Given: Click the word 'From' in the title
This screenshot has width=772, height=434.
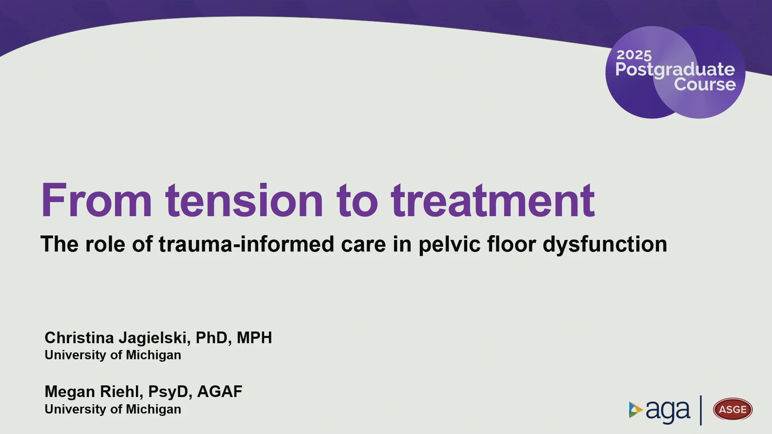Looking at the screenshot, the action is coord(96,200).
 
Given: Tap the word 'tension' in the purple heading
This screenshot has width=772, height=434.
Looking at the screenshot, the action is coord(244,200).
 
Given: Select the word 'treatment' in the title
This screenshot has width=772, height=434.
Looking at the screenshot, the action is coord(493,200).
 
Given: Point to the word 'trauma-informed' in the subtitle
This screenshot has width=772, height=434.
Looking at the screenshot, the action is coord(246,244).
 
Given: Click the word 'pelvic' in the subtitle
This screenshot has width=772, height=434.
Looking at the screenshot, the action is coord(450,244).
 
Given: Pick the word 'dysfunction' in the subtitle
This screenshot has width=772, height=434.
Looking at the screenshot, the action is coord(605,244).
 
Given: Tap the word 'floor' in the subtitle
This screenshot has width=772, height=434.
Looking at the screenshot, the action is coord(511,244).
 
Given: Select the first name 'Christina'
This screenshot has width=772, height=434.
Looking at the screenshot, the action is coord(79,338).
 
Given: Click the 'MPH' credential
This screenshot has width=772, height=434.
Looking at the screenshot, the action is coord(254,338).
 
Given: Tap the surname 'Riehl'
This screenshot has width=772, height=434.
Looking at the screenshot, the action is coord(121,392).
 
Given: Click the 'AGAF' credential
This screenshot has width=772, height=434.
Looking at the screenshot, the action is coord(220,392).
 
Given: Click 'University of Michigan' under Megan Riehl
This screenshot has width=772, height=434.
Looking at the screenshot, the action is coord(113,409).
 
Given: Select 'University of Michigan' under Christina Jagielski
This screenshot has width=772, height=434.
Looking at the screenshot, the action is coord(113,355).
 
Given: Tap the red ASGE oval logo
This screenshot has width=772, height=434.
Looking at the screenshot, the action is coord(733,409).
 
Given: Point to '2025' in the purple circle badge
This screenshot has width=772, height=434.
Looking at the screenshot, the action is coord(634,55).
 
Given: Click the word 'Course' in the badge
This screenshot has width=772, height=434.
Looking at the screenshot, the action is coord(705,84).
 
